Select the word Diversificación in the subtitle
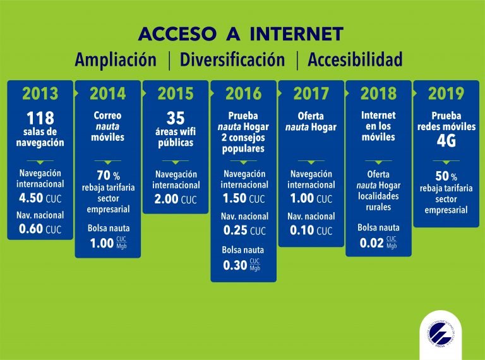pos(232,60)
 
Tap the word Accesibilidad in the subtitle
pos(355,60)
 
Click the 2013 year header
pos(40,93)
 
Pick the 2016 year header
pos(243,93)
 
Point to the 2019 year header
pos(446,93)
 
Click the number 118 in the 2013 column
pos(40,118)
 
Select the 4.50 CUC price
pos(40,198)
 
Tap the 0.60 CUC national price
pos(40,230)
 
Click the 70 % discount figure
pos(107,176)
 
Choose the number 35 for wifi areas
pos(176,118)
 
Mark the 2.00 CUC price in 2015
pos(176,200)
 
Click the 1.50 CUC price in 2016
pos(243,198)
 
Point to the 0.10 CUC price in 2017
pos(311,230)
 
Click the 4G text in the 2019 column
pos(446,141)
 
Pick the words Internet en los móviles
pos(378,126)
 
